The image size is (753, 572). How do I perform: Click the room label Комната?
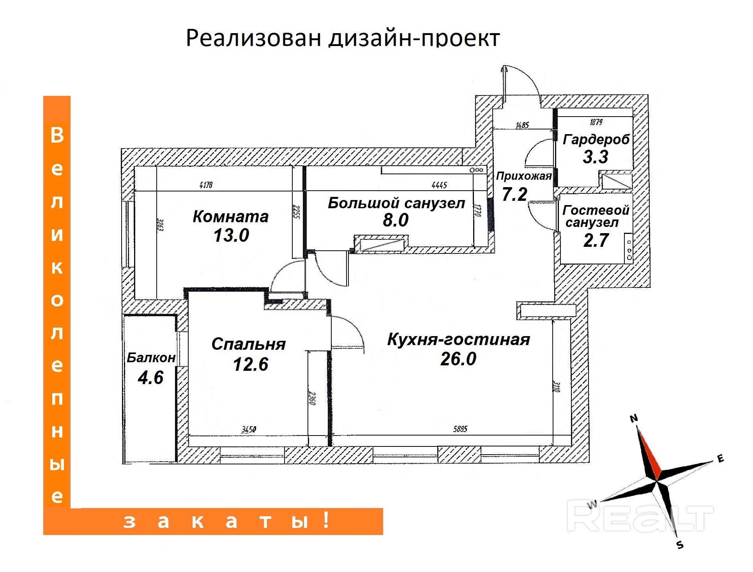(x=230, y=216)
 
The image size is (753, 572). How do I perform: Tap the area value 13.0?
(x=231, y=235)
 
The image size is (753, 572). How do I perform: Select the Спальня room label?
(x=248, y=344)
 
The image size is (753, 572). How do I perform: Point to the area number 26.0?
(x=458, y=359)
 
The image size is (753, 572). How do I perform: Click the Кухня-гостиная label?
(x=458, y=340)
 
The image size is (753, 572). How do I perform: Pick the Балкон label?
(x=151, y=358)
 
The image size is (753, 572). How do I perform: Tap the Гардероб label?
(x=596, y=139)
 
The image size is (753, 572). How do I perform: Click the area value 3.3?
(x=595, y=157)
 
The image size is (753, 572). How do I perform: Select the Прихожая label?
(x=523, y=176)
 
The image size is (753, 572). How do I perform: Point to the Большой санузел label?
(x=396, y=203)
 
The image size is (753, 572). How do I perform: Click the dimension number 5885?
(x=460, y=429)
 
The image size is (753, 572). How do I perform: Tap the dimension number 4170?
(x=206, y=184)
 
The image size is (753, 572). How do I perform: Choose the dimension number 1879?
(x=596, y=122)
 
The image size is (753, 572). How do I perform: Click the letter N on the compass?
(x=634, y=418)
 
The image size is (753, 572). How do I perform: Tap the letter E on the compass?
(x=720, y=459)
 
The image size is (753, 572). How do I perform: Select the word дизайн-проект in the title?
(x=414, y=38)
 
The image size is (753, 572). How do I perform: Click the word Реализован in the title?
(x=254, y=38)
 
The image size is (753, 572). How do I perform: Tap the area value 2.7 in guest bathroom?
(x=596, y=240)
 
